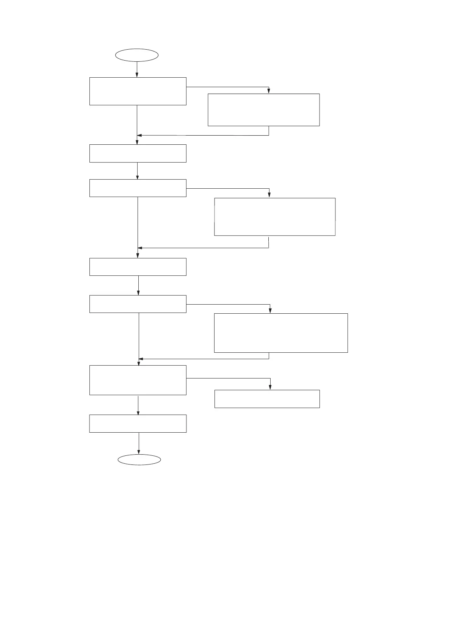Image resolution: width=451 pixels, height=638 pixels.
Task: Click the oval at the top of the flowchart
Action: [x=136, y=55]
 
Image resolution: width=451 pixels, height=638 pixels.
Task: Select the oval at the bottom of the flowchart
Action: [x=139, y=460]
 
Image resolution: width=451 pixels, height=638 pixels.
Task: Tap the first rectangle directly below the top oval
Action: [x=138, y=91]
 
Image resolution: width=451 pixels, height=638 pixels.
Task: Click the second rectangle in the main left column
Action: [x=138, y=153]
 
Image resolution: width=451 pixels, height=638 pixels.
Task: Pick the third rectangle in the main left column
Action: [x=138, y=188]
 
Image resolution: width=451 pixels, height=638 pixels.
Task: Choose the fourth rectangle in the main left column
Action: [x=138, y=267]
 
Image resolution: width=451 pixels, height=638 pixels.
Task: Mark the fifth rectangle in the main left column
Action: [x=138, y=304]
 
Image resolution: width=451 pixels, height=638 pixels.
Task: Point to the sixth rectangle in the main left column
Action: [x=138, y=380]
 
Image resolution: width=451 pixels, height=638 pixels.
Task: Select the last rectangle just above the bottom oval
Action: [x=138, y=423]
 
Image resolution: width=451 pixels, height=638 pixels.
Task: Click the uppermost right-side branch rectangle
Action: [x=263, y=110]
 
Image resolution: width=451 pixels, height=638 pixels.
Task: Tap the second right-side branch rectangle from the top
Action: [x=275, y=217]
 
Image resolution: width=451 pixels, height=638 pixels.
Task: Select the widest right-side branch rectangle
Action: [x=281, y=333]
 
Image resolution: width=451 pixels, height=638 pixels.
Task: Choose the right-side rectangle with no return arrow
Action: [x=267, y=399]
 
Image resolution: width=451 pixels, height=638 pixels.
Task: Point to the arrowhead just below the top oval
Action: [x=137, y=75]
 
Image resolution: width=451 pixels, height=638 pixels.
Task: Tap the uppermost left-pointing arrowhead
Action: [x=139, y=135]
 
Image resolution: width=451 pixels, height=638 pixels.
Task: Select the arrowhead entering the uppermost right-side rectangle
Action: [x=269, y=91]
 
